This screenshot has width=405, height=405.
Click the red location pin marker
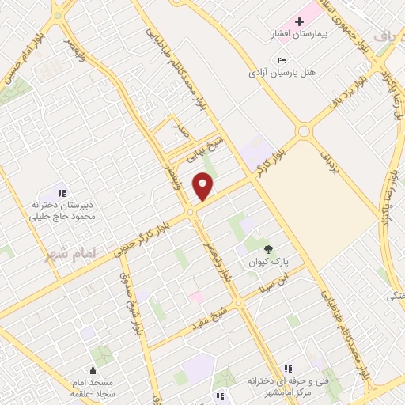(204, 187)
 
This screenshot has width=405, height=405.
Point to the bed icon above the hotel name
(282, 60)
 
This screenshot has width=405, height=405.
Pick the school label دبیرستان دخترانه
(69, 205)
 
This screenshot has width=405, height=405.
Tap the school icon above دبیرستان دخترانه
(62, 192)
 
